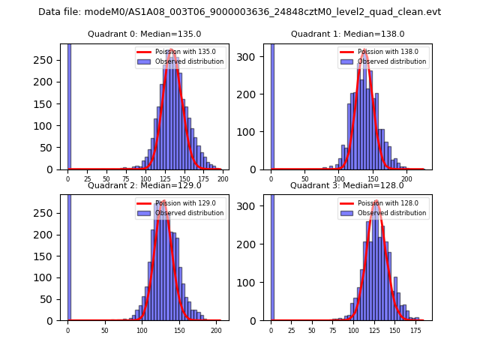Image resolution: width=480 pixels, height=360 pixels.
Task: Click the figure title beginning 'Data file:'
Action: [x=239, y=12]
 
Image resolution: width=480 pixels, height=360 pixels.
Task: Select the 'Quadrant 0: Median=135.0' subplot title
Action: [x=144, y=34]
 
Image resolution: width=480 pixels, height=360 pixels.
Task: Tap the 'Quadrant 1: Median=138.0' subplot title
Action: [x=347, y=34]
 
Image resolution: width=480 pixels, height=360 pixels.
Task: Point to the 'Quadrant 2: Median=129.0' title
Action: [x=144, y=185]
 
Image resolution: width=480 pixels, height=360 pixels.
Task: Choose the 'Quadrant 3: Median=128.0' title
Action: [x=347, y=185]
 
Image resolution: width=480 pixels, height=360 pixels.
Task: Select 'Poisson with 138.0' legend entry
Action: [x=382, y=52]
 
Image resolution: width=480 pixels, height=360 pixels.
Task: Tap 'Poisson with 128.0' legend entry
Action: [x=382, y=203]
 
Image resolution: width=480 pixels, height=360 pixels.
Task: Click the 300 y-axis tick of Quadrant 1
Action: [x=256, y=57]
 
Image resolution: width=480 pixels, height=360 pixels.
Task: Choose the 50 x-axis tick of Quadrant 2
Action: [x=104, y=331]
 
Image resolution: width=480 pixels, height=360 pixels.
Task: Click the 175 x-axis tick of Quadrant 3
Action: [x=415, y=331]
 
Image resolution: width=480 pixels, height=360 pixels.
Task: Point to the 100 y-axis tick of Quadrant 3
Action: [x=256, y=283]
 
